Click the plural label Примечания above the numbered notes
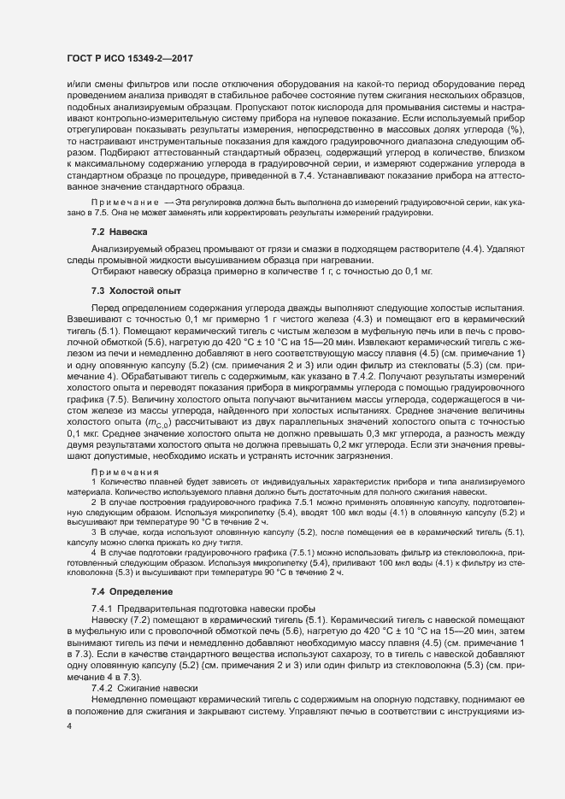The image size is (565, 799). pyautogui.click(x=126, y=472)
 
